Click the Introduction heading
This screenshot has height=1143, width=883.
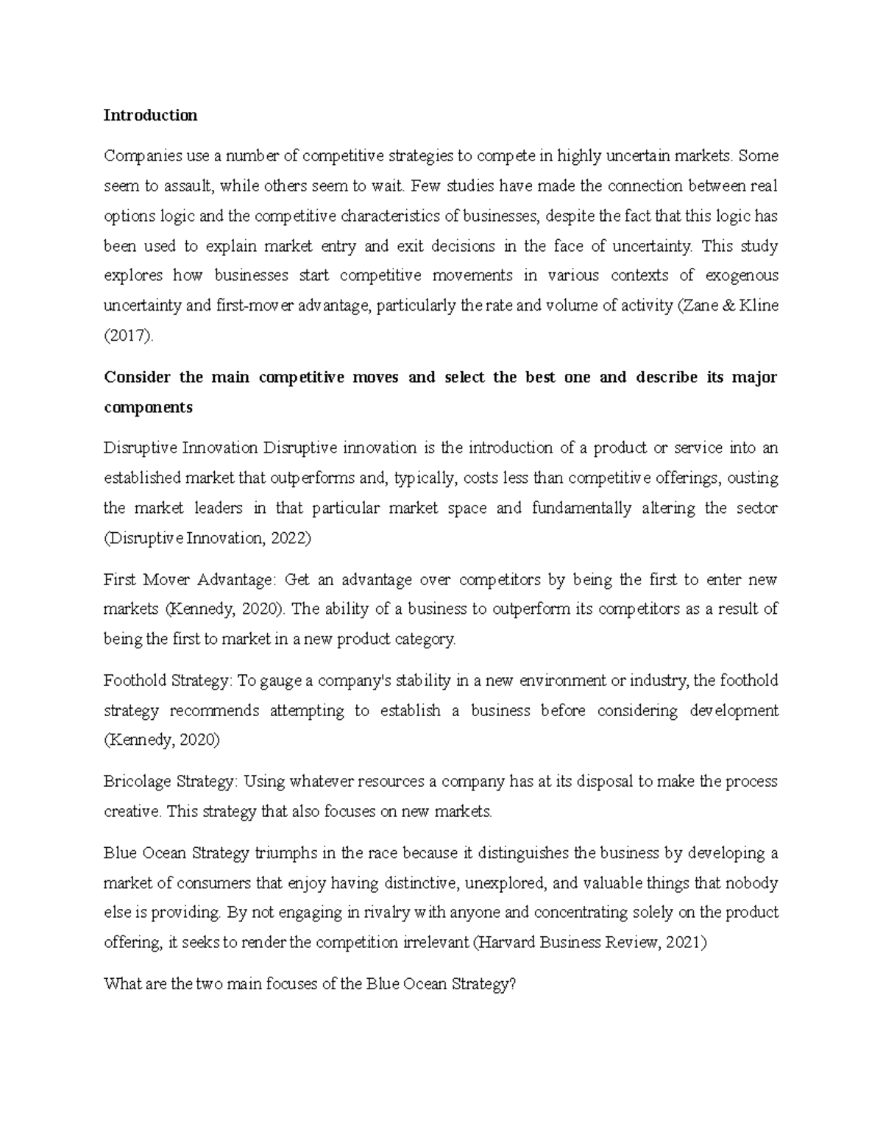(x=150, y=116)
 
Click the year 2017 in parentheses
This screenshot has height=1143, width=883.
(x=129, y=336)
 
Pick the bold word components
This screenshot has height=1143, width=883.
(x=148, y=408)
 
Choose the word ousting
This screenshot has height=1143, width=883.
(x=753, y=478)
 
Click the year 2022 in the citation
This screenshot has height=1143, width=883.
(x=291, y=538)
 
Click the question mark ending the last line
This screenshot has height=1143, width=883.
(x=512, y=984)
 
